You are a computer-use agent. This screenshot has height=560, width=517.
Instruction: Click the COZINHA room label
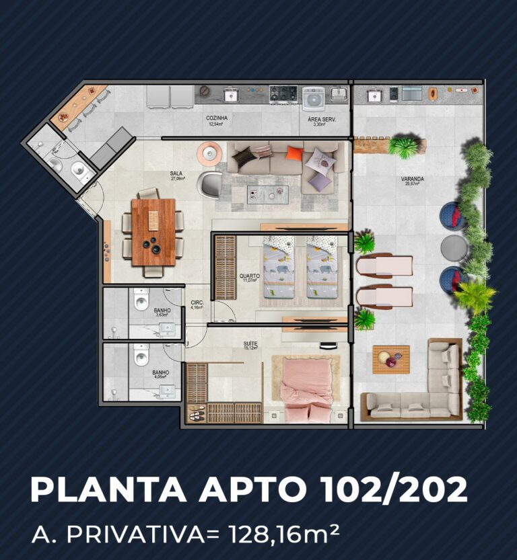217,118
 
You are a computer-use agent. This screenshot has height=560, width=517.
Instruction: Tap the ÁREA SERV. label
322,119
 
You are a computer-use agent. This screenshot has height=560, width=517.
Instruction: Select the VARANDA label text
412,179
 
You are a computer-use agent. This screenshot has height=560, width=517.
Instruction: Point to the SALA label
176,173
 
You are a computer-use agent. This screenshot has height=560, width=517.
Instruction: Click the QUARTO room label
249,276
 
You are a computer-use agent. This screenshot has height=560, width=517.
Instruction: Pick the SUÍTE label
250,343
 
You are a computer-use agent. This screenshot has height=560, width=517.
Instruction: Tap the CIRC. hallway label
197,303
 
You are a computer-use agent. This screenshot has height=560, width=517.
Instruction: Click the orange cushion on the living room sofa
294,153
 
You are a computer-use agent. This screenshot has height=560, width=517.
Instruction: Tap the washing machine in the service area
313,98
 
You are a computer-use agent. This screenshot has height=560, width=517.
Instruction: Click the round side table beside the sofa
209,154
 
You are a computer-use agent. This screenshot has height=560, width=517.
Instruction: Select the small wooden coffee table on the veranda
390,359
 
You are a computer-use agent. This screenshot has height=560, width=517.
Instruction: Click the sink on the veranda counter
374,95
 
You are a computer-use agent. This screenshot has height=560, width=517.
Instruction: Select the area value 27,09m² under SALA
178,179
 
